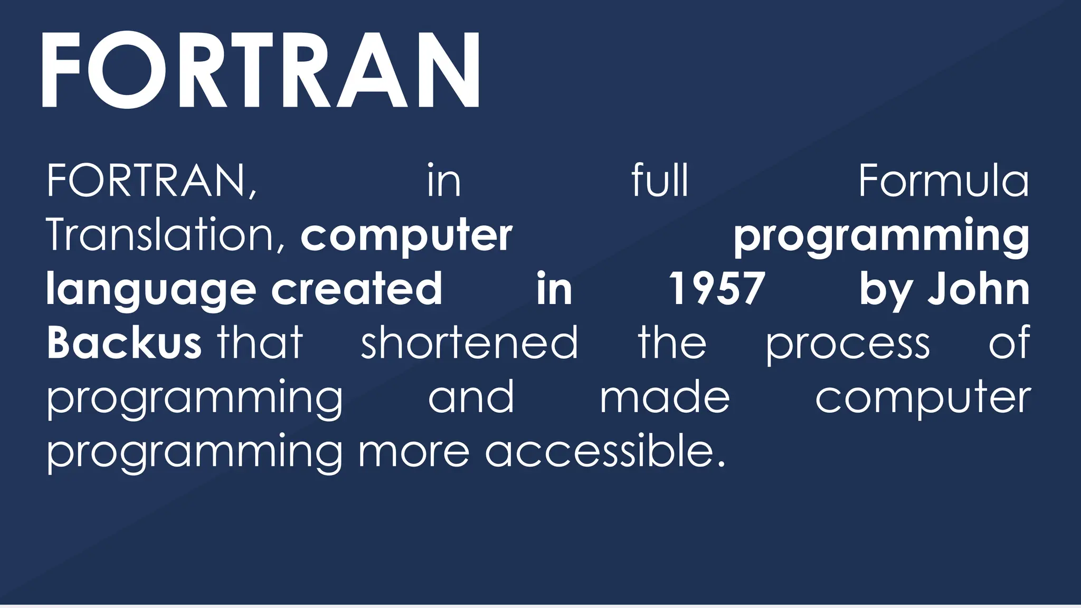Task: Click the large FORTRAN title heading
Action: [x=261, y=70]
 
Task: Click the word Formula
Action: [x=943, y=180]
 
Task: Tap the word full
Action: [x=660, y=180]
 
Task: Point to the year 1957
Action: [x=717, y=289]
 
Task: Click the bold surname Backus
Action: [x=124, y=343]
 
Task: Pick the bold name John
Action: [x=979, y=289]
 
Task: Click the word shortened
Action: [x=469, y=343]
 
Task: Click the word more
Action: [x=414, y=452]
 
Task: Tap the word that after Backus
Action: [x=260, y=343]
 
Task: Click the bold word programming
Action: [x=881, y=236]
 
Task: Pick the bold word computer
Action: [x=406, y=236]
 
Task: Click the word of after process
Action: [x=1009, y=343]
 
